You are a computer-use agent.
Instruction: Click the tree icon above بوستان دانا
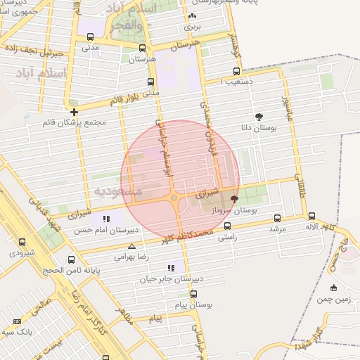point(260,117)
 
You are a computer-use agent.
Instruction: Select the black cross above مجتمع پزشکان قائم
point(74,111)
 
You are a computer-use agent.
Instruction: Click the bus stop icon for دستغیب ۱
point(235,70)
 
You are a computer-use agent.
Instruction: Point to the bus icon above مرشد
point(276,218)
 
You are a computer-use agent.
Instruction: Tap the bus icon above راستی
point(228,226)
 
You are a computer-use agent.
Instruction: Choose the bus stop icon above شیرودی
point(22,241)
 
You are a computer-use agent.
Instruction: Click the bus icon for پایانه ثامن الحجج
point(69,258)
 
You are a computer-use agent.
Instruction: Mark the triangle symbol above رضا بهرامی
point(132,246)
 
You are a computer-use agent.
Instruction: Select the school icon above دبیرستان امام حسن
point(106,219)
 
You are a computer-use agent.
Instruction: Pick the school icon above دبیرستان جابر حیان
point(171,268)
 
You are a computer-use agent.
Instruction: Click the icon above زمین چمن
point(333,288)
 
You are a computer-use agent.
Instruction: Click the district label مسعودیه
point(117,191)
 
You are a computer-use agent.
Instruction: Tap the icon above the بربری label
point(192,16)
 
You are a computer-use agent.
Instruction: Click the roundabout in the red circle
point(174,198)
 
